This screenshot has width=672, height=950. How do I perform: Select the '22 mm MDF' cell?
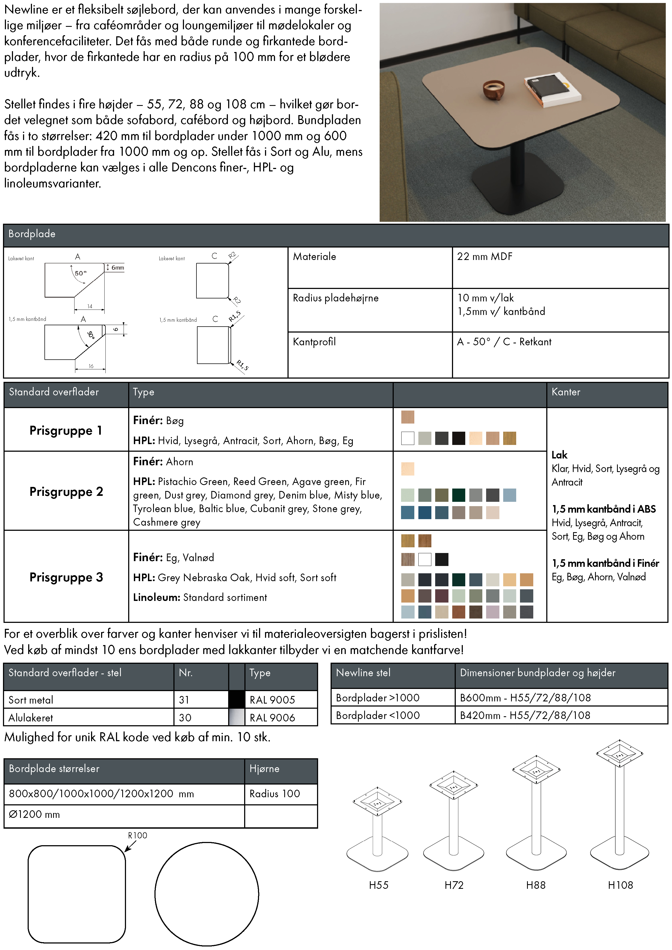click(484, 256)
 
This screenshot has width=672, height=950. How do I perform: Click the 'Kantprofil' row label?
click(314, 342)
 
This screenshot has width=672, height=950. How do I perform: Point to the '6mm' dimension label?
click(118, 268)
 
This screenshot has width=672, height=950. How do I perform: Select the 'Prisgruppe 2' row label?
click(66, 492)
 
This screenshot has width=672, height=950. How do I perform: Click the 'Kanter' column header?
click(566, 392)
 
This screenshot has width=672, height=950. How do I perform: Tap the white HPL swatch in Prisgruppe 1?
click(408, 438)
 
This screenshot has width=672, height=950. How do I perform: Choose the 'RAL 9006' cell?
click(272, 717)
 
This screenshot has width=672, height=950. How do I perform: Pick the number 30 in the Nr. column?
click(185, 717)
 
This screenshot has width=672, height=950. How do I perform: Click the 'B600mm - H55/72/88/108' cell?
click(525, 698)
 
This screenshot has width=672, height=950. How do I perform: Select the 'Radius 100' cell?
click(274, 793)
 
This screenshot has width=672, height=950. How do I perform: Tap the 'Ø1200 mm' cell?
click(34, 814)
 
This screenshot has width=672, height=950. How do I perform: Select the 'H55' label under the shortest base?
click(379, 885)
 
